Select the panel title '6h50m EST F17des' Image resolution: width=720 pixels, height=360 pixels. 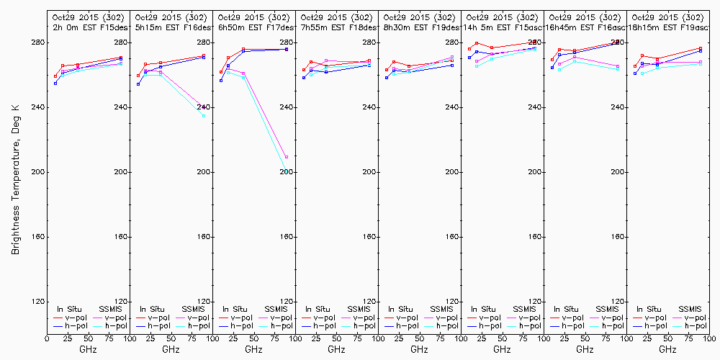(253, 27)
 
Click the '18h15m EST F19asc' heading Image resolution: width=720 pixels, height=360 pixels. (667, 27)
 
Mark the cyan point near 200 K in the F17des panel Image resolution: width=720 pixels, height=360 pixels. (287, 171)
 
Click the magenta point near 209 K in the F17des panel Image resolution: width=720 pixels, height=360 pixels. (287, 157)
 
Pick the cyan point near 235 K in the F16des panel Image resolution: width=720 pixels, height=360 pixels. (204, 116)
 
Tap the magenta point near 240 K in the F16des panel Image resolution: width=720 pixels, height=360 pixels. (204, 107)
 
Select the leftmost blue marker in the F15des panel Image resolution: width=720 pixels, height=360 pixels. (55, 84)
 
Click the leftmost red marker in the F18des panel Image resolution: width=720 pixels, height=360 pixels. (304, 70)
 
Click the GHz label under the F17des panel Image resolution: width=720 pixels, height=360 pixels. (253, 349)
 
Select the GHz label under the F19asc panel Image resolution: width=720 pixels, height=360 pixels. (667, 349)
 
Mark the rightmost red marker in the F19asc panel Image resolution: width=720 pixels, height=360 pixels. (701, 48)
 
